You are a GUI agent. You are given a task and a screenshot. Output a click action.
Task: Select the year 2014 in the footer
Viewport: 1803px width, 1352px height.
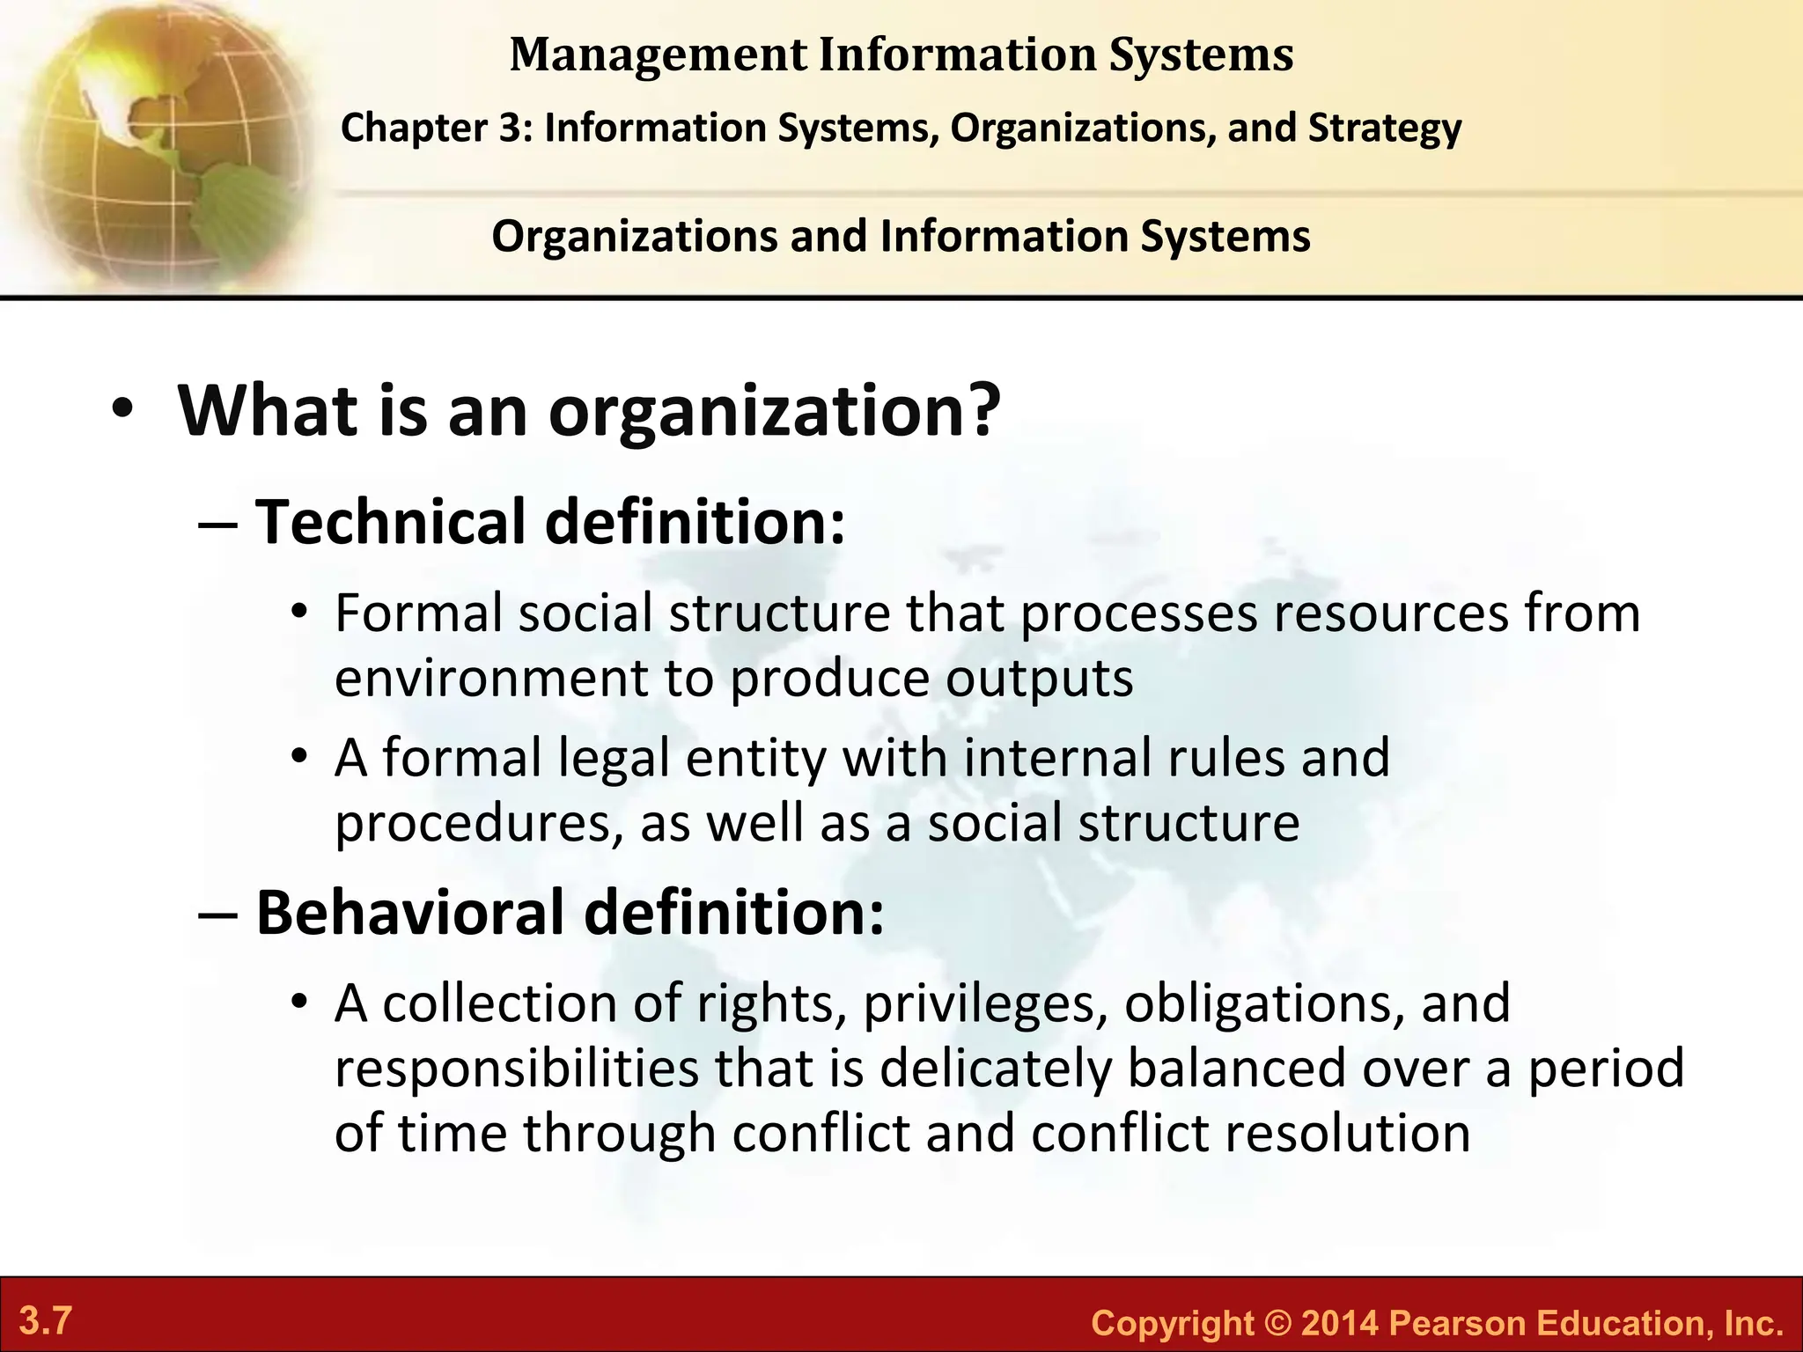coord(1339,1324)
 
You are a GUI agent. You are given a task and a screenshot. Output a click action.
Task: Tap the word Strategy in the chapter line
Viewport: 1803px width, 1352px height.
coord(1385,129)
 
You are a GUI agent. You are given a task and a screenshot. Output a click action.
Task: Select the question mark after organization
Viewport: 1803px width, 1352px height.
coord(981,410)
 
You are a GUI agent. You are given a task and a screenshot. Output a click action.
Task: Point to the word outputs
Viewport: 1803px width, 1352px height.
coord(1040,679)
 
